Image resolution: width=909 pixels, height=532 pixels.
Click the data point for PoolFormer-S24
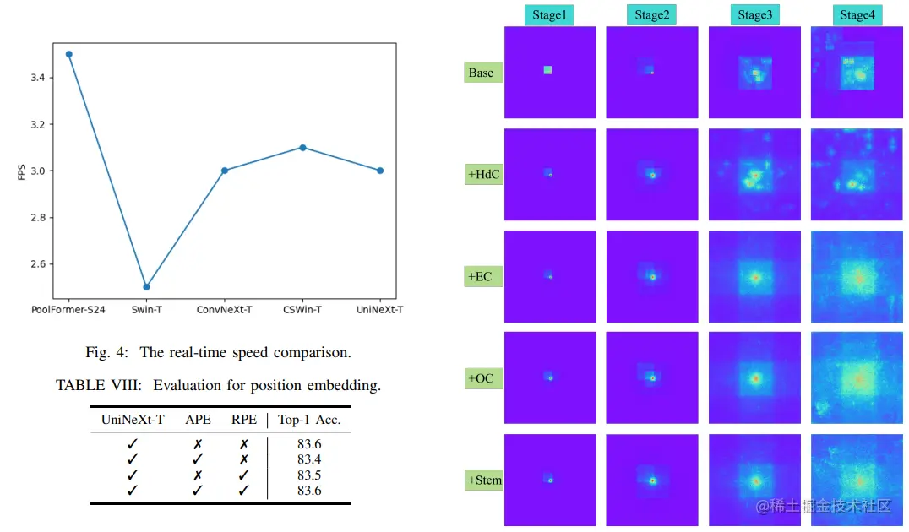click(69, 54)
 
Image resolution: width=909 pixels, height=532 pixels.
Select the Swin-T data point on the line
click(147, 287)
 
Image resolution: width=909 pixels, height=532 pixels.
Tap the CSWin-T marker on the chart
click(302, 148)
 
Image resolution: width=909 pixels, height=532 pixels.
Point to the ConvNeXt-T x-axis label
click(225, 310)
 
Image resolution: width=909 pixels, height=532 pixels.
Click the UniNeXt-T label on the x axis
click(379, 310)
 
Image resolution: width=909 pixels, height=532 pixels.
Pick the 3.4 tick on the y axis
click(36, 78)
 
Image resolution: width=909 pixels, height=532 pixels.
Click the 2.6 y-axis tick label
click(36, 264)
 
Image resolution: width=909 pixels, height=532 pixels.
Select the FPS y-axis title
click(21, 171)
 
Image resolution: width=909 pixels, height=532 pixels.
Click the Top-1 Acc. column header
click(309, 420)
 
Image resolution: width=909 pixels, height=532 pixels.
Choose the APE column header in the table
click(197, 420)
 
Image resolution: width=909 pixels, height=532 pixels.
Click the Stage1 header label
click(549, 14)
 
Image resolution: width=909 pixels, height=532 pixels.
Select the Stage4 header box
click(856, 14)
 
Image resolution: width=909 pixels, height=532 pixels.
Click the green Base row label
click(482, 73)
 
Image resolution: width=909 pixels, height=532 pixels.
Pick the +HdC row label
click(483, 175)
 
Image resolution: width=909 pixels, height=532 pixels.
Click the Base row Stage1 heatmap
click(550, 72)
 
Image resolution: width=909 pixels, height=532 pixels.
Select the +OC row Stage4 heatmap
click(856, 377)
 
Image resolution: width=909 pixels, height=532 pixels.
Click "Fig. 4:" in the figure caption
click(105, 352)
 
